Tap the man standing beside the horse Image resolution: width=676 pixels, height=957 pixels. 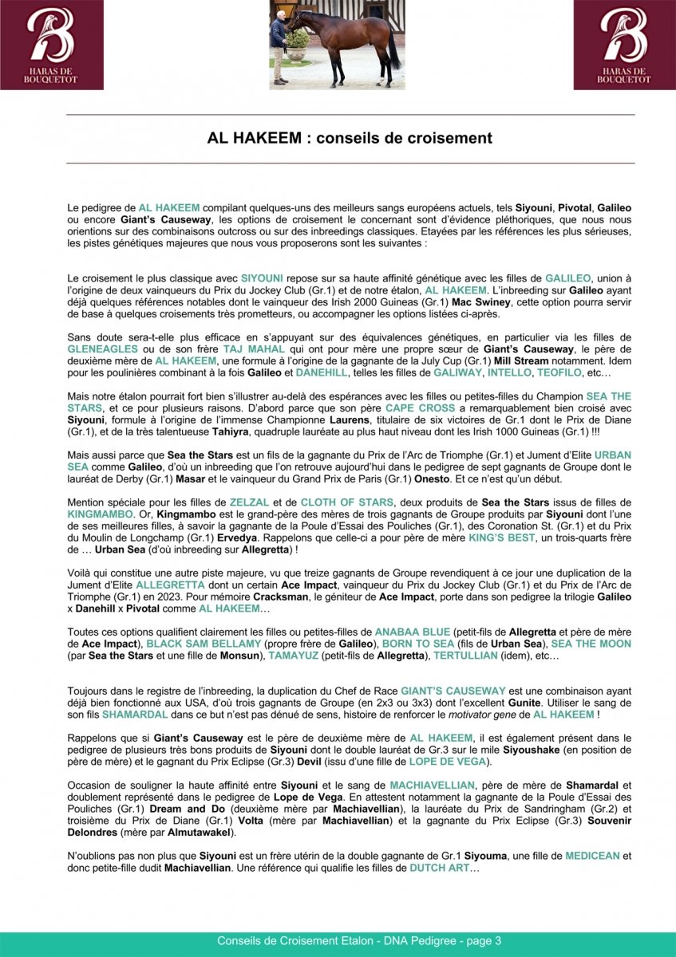(x=278, y=46)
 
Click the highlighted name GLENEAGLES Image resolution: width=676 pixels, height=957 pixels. (x=103, y=349)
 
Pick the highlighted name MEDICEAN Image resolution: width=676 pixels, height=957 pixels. (x=593, y=855)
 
